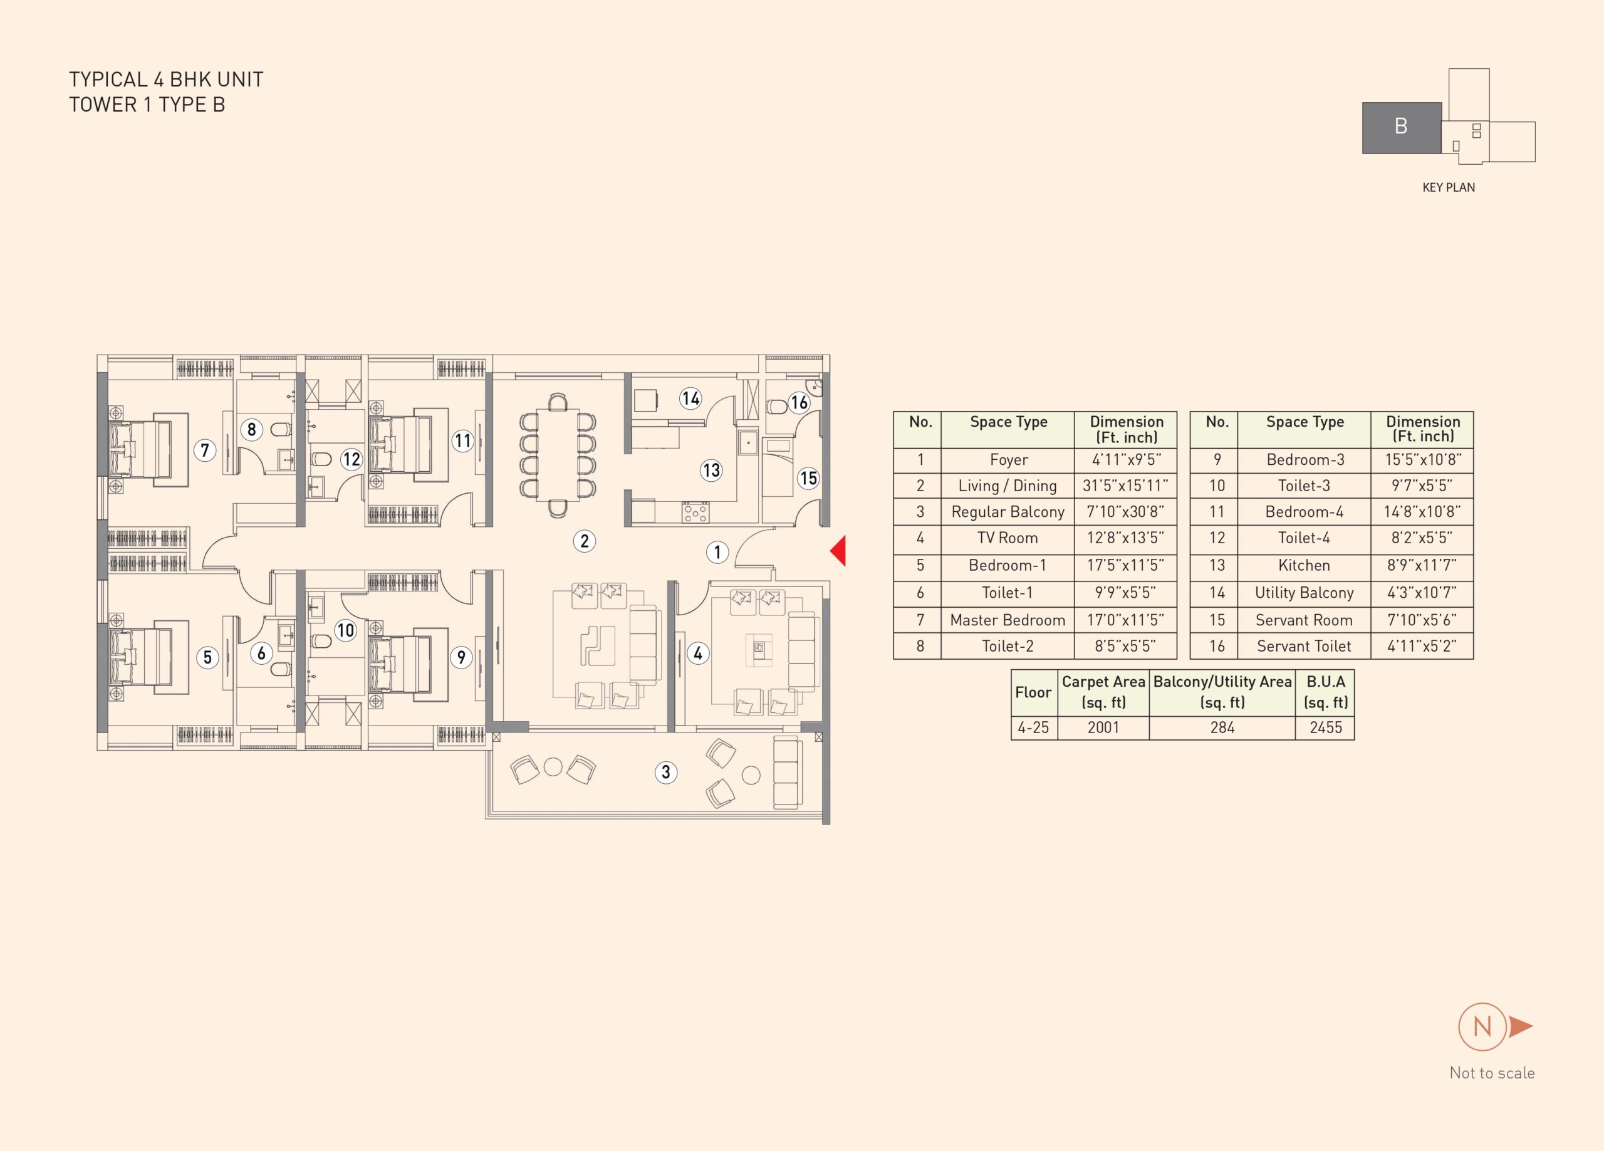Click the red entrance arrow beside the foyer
tap(839, 551)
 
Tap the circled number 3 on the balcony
tap(665, 772)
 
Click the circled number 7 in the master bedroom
tap(205, 450)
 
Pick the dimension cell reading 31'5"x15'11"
tap(1125, 486)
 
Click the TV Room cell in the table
tap(1007, 538)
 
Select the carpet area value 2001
tap(1103, 727)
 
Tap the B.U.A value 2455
tap(1325, 727)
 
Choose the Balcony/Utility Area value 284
tap(1222, 727)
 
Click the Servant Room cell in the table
tap(1304, 620)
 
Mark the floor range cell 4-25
tap(1033, 727)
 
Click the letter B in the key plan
tap(1401, 126)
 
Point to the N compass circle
tap(1482, 1026)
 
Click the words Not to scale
tap(1492, 1073)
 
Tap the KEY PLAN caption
tap(1449, 187)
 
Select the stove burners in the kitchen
tap(695, 512)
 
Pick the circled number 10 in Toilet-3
tap(345, 630)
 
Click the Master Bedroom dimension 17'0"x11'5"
tap(1125, 620)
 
